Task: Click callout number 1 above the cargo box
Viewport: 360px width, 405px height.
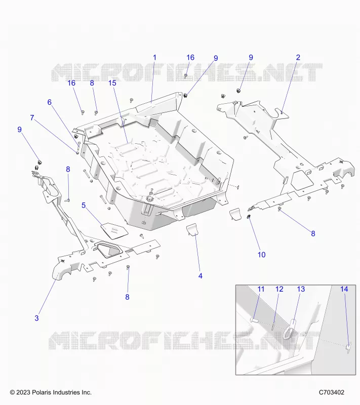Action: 155,57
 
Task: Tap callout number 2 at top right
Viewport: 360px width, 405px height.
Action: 298,57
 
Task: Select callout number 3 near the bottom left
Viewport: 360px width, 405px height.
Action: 36,318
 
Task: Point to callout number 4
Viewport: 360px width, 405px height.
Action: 201,276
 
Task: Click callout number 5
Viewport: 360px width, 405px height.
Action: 84,206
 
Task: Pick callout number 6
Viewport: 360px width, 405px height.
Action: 49,102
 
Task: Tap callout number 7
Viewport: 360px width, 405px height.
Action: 32,117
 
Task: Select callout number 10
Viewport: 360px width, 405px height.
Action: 262,255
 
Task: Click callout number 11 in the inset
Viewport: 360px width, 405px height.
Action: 261,289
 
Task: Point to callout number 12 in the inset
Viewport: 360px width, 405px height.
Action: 279,289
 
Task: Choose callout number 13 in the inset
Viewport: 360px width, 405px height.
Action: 301,289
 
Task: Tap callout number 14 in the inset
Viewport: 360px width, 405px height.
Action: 344,289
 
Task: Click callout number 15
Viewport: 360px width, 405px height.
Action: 112,83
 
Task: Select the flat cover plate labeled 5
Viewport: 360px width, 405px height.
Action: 114,230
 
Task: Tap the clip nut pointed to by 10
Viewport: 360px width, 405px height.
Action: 249,217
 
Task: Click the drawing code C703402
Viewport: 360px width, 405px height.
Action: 332,392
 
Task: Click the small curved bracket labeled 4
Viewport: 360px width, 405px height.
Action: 192,230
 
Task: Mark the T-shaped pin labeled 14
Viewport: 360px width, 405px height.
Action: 349,348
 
